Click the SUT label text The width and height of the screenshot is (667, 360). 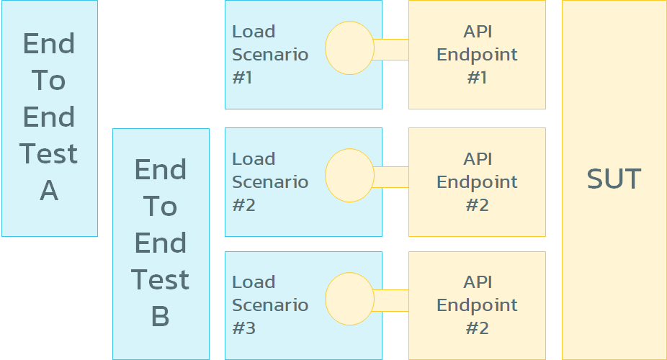pos(614,179)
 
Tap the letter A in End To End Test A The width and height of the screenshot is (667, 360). pos(49,191)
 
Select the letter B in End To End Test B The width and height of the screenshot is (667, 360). pos(160,316)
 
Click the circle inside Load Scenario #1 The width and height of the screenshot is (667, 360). pos(349,49)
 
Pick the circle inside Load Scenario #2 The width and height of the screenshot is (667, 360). pos(349,176)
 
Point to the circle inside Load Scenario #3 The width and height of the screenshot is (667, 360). pos(349,299)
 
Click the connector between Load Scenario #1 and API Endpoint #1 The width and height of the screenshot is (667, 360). pos(390,50)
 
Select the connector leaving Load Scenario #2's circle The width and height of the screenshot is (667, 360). pos(390,176)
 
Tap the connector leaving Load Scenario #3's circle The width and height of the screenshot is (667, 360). pos(390,300)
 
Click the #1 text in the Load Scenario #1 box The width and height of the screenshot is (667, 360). pos(242,78)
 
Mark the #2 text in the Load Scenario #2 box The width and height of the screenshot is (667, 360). pos(243,205)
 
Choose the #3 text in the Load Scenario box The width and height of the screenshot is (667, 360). pos(243,328)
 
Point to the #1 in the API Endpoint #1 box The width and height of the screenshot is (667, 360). pos(477,78)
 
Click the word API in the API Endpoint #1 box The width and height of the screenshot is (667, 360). pos(477,32)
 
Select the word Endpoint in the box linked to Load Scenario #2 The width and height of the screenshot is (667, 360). pos(477,181)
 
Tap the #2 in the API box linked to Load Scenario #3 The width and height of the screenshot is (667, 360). pos(477,328)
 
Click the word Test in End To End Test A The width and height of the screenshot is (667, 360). pos(49,154)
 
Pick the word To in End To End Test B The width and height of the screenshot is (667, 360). pos(160,207)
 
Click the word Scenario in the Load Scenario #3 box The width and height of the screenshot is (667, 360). pos(270,305)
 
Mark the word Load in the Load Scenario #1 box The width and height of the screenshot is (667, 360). pos(254,32)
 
